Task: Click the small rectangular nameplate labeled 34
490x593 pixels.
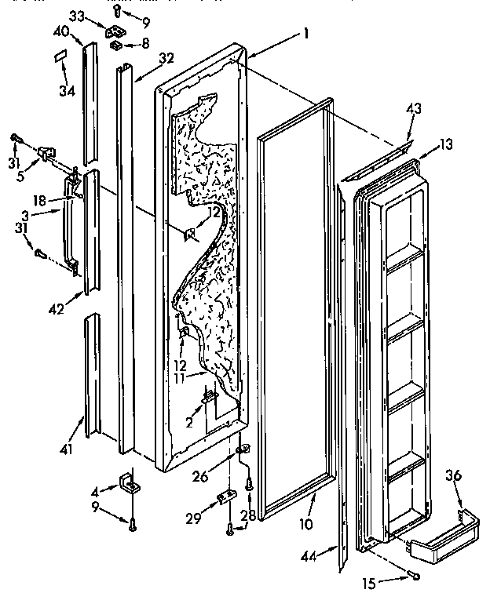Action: pyautogui.click(x=60, y=56)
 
